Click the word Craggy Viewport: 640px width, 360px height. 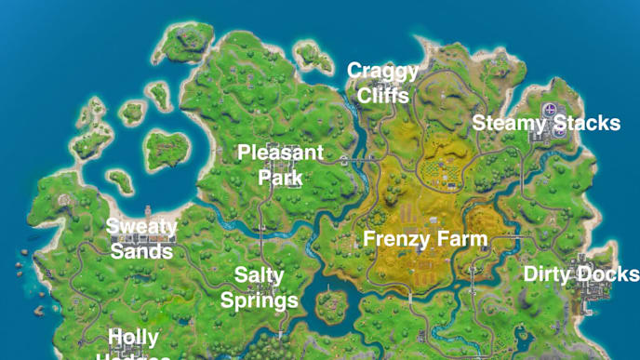point(383,72)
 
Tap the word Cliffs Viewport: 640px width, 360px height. point(383,94)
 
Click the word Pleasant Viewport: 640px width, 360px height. point(281,153)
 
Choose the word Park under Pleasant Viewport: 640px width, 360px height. point(280,177)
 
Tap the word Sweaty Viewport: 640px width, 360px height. point(141,226)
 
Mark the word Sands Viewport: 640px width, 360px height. point(141,250)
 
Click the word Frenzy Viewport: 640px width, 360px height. point(394,239)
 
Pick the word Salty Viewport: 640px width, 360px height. point(259,276)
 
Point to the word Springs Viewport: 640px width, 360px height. point(259,300)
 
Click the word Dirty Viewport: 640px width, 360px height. point(550,274)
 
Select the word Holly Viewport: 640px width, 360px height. point(134,337)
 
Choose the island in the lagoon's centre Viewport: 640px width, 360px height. point(167,147)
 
